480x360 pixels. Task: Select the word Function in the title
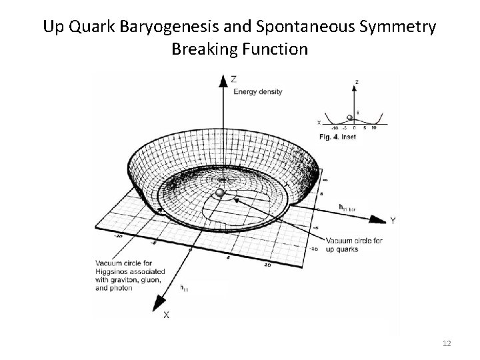[275, 49]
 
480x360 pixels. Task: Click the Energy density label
[258, 91]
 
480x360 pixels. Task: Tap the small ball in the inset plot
[350, 117]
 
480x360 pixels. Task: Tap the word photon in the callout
[123, 288]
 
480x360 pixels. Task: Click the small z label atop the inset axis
[357, 82]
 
